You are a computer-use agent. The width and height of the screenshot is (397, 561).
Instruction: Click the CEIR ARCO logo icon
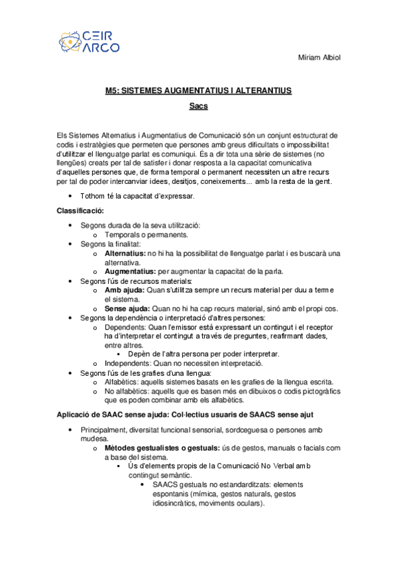coord(70,42)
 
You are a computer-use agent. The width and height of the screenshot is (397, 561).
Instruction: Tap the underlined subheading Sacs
coord(198,106)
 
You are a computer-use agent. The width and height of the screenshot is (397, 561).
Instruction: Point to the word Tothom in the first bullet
coord(92,196)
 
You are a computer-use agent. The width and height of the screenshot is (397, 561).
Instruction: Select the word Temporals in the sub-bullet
coord(121,235)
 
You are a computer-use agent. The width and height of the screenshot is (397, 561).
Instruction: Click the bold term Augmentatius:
coord(130,271)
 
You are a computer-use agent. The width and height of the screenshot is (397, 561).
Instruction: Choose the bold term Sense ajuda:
coord(127,308)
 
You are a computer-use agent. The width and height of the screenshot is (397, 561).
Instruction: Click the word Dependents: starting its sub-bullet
coord(127,327)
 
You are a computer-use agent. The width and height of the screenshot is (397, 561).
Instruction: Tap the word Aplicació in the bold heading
coord(76,414)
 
